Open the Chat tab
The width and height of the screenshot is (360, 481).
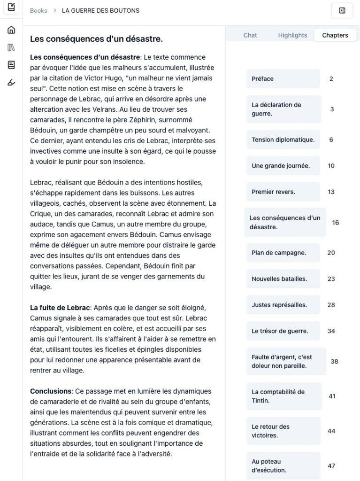(250, 35)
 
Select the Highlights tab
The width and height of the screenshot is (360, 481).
(292, 35)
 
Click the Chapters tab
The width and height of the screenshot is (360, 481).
(335, 35)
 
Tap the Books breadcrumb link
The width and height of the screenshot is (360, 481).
(38, 10)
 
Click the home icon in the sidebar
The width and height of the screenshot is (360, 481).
(11, 30)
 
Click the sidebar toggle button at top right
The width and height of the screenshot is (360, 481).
(342, 10)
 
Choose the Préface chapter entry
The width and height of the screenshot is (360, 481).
(283, 79)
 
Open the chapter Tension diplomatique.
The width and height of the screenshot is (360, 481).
(283, 140)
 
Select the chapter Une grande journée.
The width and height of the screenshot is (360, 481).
(283, 166)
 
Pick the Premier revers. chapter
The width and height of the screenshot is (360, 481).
(283, 192)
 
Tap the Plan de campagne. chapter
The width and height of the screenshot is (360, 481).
(283, 253)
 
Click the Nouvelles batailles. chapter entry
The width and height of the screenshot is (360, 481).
(283, 279)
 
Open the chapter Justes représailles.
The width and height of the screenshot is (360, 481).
(283, 305)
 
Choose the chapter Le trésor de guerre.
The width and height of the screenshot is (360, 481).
(283, 331)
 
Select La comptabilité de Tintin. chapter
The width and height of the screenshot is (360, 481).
(283, 396)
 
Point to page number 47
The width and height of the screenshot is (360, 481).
(331, 465)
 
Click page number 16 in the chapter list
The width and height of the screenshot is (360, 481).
(335, 223)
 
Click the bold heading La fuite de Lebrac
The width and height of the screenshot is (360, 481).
(60, 308)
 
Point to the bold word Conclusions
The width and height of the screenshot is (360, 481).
(50, 391)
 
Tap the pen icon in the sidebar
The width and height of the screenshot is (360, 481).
(11, 83)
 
